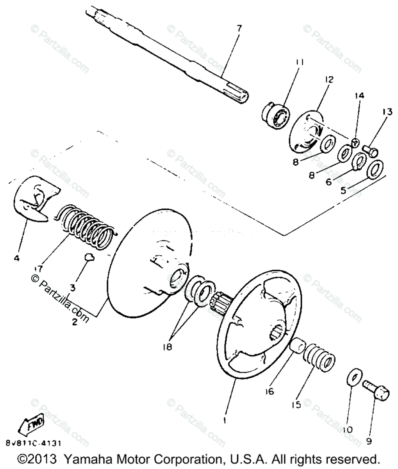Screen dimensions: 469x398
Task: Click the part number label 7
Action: pos(239,28)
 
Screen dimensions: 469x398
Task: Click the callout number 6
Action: pos(328,182)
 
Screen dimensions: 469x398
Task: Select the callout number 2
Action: pos(74,322)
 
